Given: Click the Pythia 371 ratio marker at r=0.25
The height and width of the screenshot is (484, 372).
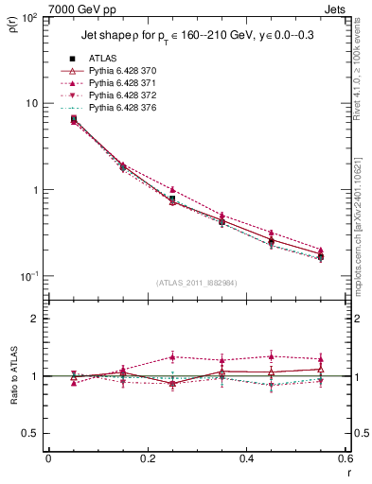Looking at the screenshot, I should (x=172, y=356).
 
